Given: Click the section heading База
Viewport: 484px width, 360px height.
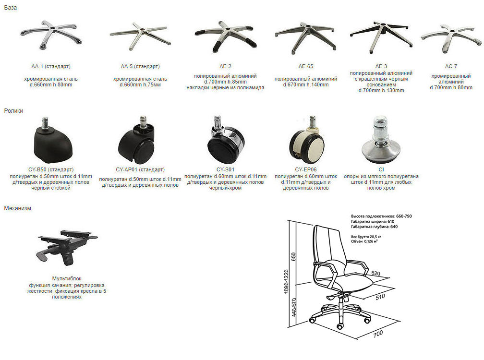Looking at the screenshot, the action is pos(11,8).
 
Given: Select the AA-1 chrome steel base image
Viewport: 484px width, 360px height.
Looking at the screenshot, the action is pos(51,35).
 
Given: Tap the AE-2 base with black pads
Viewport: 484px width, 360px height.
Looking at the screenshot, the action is pos(225,36).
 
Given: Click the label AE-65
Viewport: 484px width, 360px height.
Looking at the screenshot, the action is pos(306,66).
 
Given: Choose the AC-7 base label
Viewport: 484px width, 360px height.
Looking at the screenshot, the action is pos(451,66).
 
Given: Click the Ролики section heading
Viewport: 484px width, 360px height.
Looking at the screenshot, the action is pos(13,111).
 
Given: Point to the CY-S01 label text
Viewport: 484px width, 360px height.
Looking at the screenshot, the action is pos(225,169).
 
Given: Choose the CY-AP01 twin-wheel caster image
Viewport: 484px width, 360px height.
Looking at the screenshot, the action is pos(136,140).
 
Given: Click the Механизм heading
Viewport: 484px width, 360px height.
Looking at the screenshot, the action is pos(18,208).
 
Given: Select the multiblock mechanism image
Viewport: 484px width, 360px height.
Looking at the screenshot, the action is pos(67,247).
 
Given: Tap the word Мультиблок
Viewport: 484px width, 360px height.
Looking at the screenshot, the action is pos(67,278).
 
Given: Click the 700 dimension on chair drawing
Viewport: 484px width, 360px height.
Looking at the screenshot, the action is pos(378,334).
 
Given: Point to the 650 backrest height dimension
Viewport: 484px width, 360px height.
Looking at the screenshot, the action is pos(293,257).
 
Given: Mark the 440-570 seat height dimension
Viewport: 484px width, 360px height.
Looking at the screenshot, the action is pos(293,307).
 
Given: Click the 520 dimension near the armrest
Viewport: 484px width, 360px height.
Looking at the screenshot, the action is pos(375,273).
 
